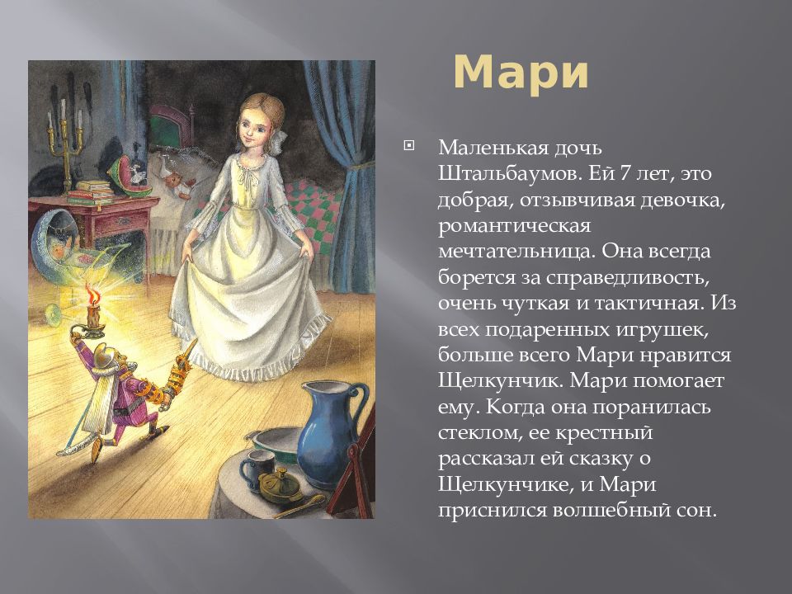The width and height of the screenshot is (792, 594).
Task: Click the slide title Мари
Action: [x=521, y=73]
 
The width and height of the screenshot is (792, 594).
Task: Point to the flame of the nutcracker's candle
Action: [x=90, y=292]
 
